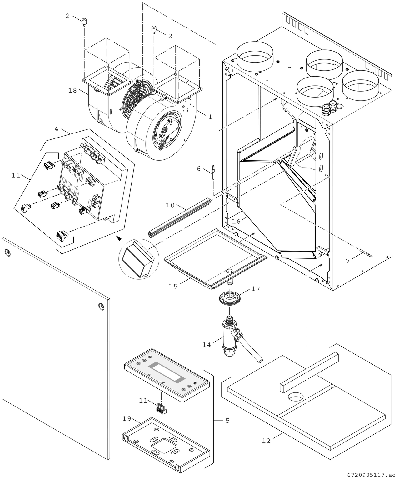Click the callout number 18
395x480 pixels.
point(72,91)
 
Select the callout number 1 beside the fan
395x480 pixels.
point(210,117)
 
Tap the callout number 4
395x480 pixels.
point(57,129)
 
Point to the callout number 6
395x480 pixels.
point(199,169)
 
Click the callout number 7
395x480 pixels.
point(348,261)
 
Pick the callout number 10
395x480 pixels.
point(170,205)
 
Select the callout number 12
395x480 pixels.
point(266,441)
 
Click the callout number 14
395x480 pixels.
point(207,345)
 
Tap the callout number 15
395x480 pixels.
point(173,286)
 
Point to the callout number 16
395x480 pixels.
point(236,221)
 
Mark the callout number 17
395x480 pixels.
point(256,289)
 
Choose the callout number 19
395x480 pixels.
point(127,419)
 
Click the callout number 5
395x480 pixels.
point(227,421)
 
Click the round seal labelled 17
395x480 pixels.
point(230,298)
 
